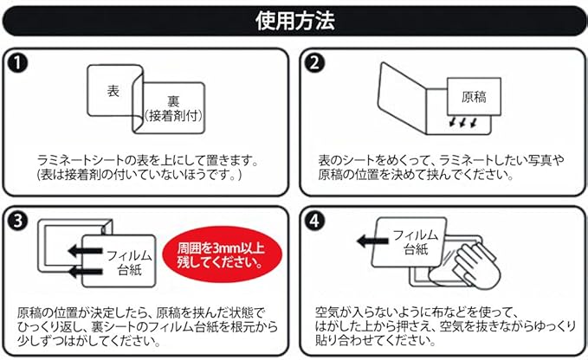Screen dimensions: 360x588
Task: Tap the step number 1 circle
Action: [x=18, y=62]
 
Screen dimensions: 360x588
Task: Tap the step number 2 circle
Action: [x=313, y=62]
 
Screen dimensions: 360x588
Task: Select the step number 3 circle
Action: [x=18, y=220]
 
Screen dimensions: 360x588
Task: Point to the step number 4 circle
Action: [x=313, y=220]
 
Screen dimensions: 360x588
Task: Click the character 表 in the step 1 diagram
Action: [x=113, y=90]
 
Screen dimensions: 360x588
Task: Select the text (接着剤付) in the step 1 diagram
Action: [x=172, y=116]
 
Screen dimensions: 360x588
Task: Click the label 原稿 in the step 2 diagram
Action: [x=473, y=96]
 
